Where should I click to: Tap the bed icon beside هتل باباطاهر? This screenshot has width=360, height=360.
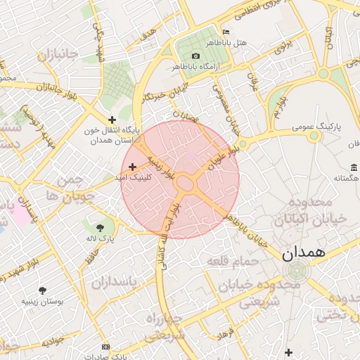click(x=226, y=32)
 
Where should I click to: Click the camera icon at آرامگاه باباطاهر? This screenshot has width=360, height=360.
click(x=195, y=56)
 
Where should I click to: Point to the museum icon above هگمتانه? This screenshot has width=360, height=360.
click(x=354, y=167)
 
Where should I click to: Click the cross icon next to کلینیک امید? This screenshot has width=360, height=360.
click(x=133, y=167)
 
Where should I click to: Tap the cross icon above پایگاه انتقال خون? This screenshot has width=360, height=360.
click(x=112, y=120)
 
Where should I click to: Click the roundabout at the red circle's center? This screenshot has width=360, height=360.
click(x=185, y=183)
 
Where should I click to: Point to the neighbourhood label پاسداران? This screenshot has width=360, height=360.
click(x=116, y=283)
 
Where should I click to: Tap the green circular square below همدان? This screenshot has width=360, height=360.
click(x=296, y=269)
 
